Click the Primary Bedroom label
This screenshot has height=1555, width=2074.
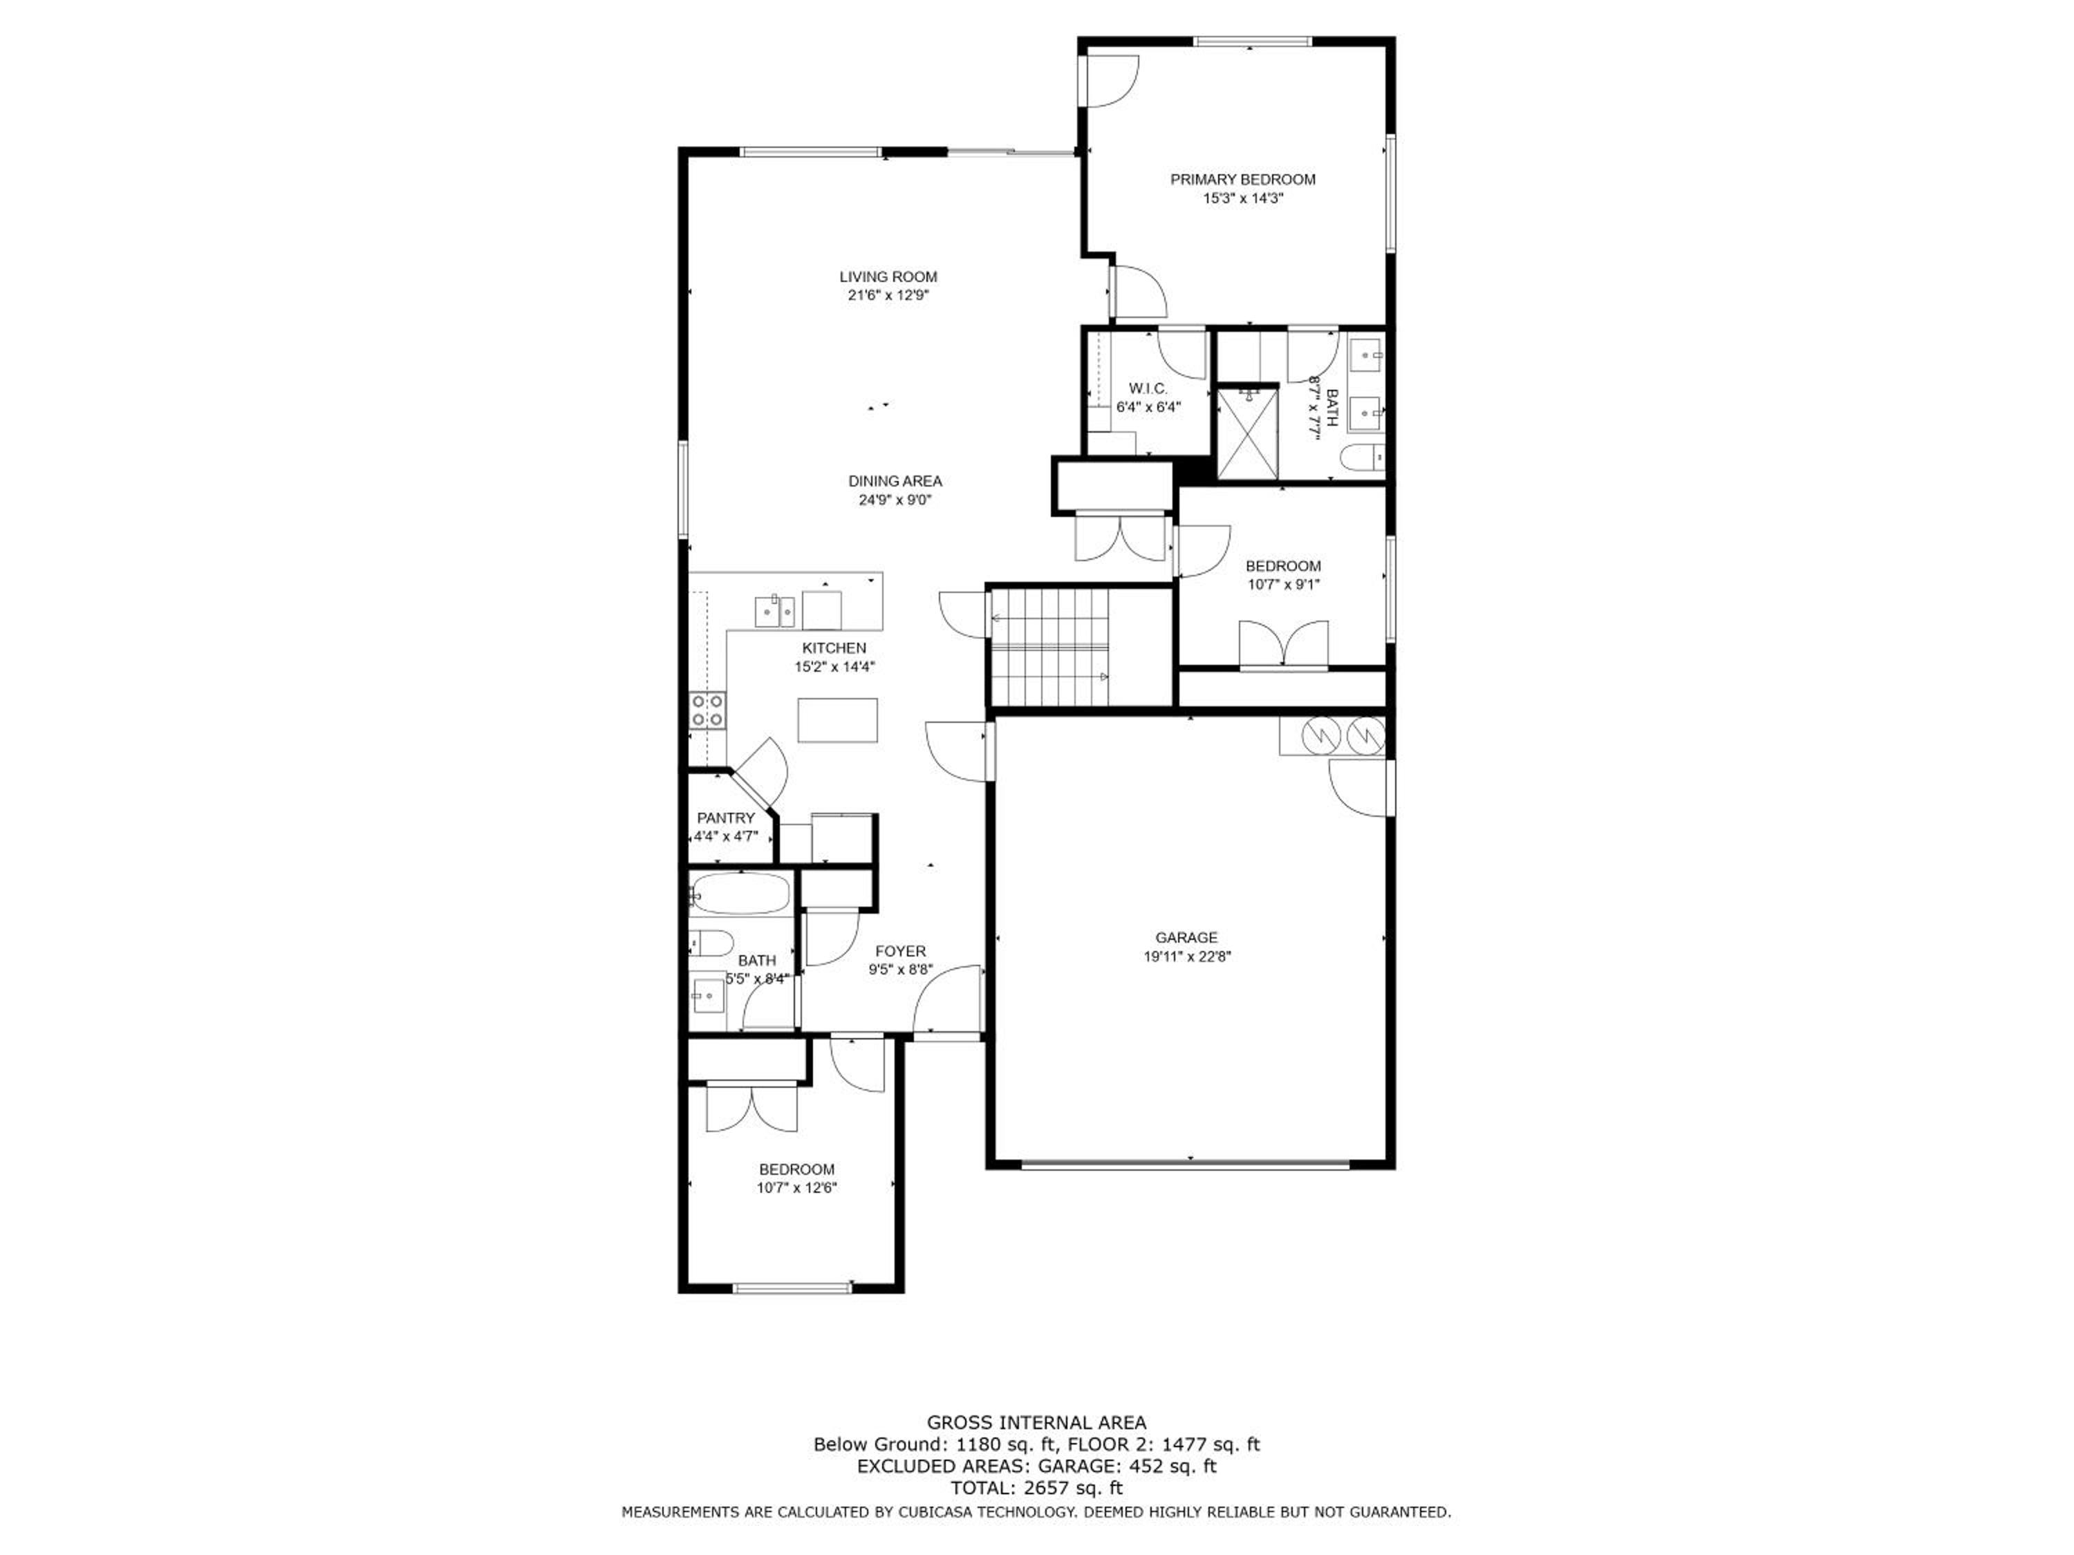pos(1242,179)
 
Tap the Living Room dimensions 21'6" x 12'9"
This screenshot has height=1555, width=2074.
pos(888,295)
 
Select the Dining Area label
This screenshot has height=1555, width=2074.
pos(895,481)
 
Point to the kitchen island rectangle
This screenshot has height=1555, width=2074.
pos(838,720)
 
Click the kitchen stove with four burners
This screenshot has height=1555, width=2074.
pos(707,710)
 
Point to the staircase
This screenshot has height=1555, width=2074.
pos(1049,647)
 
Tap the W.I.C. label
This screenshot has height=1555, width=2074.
pos(1148,388)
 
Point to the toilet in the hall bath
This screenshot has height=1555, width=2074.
pos(711,942)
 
